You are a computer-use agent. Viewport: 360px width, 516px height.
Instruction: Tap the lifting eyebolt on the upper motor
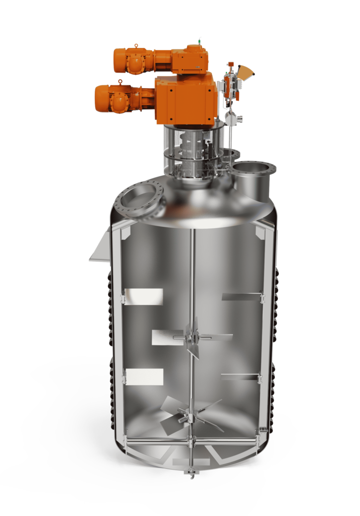pyautogui.click(x=136, y=45)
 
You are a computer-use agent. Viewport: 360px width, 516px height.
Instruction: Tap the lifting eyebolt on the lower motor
pyautogui.click(x=119, y=81)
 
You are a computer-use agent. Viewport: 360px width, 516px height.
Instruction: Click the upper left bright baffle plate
pyautogui.click(x=144, y=297)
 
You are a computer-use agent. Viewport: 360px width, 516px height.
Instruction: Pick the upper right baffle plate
pyautogui.click(x=241, y=297)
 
